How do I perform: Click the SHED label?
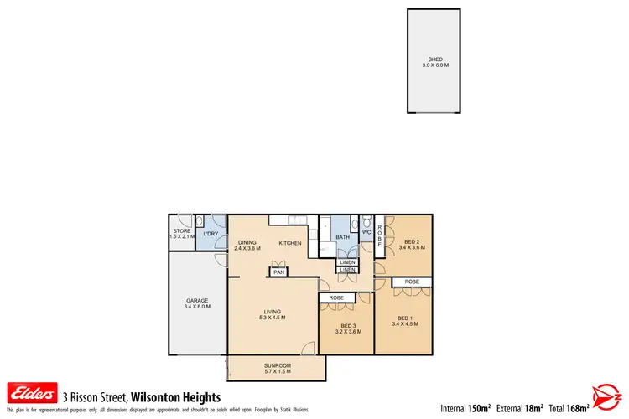pyautogui.click(x=434, y=59)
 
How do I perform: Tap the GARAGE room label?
pyautogui.click(x=197, y=300)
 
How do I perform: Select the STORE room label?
pyautogui.click(x=182, y=230)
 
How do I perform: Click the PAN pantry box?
pyautogui.click(x=278, y=272)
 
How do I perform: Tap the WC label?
pyautogui.click(x=366, y=232)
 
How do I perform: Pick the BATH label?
pyautogui.click(x=342, y=237)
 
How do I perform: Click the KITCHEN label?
pyautogui.click(x=290, y=243)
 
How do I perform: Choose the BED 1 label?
pyautogui.click(x=405, y=318)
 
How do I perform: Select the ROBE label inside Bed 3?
pyautogui.click(x=336, y=297)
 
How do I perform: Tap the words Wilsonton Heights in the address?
pyautogui.click(x=175, y=396)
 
